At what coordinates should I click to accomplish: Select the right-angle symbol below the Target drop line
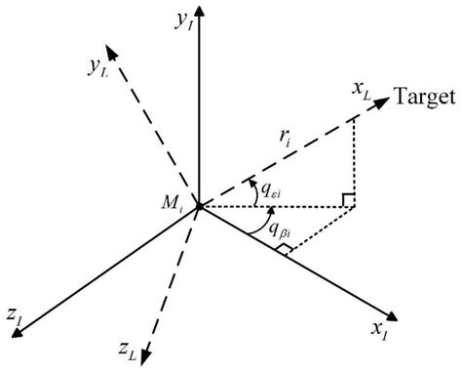pos(346,200)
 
